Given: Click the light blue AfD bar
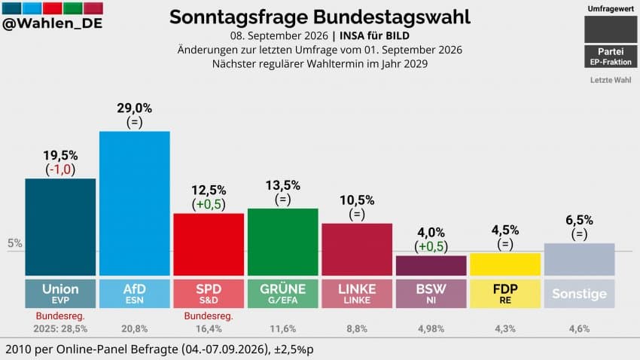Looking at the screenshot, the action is pyautogui.click(x=135, y=203).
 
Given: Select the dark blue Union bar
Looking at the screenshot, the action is pyautogui.click(x=60, y=227).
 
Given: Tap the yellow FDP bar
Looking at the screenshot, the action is pyautogui.click(x=505, y=264).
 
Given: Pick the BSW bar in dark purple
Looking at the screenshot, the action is pyautogui.click(x=431, y=266).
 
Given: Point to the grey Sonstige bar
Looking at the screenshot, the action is pyautogui.click(x=579, y=260).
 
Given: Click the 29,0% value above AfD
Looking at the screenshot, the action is pyautogui.click(x=134, y=108).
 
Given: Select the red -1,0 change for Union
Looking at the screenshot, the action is pyautogui.click(x=60, y=169).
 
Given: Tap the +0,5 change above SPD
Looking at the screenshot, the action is pyautogui.click(x=209, y=205).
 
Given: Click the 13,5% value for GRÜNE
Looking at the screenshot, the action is pyautogui.click(x=283, y=186).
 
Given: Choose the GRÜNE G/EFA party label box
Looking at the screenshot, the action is pyautogui.click(x=283, y=294).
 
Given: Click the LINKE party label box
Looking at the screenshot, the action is pyautogui.click(x=357, y=294).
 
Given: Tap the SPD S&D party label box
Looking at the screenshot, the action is pyautogui.click(x=209, y=294).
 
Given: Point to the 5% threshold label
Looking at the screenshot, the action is pyautogui.click(x=15, y=243).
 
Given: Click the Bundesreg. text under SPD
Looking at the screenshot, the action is pyautogui.click(x=209, y=316).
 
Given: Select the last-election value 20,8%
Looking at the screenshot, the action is pyautogui.click(x=135, y=329).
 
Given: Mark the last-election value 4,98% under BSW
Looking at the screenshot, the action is pyautogui.click(x=431, y=329).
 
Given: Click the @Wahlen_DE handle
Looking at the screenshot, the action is pyautogui.click(x=52, y=23).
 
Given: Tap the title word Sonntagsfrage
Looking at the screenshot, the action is pyautogui.click(x=239, y=17).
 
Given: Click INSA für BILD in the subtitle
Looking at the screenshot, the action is pyautogui.click(x=374, y=36).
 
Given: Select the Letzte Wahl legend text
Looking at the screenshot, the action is pyautogui.click(x=611, y=80).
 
